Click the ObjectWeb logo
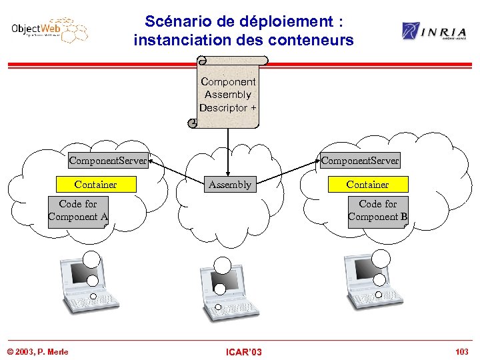click(49, 31)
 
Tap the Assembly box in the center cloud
click(230, 185)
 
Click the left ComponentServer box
click(107, 161)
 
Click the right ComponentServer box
click(360, 161)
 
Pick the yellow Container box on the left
click(95, 185)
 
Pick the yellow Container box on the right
click(367, 185)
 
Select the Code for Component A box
click(78, 211)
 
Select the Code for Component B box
click(377, 211)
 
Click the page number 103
click(461, 351)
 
